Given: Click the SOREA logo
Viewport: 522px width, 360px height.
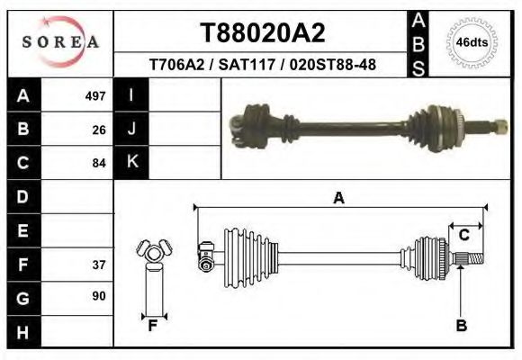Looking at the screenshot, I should (60, 42).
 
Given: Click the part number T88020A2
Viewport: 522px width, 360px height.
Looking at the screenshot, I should (261, 33).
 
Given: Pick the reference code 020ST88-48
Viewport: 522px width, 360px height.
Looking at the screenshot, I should (332, 65).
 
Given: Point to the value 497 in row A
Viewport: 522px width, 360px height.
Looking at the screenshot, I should (95, 95).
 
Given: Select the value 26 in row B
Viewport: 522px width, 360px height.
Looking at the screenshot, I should (99, 130).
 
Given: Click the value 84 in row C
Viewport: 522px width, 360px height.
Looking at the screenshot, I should (99, 164).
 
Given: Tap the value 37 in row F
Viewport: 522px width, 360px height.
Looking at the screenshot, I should (99, 265).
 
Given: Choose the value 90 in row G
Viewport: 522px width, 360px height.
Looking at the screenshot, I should (99, 296).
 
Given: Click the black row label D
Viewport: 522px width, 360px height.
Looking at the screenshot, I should (23, 197).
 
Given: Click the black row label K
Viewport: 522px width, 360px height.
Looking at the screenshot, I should (132, 163).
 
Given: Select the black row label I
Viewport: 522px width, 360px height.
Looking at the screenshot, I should (132, 95).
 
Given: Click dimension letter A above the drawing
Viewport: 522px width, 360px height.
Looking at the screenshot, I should (339, 198).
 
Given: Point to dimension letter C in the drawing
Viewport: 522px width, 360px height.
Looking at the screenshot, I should (464, 236).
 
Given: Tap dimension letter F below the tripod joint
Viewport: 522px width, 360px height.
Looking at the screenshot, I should (154, 326).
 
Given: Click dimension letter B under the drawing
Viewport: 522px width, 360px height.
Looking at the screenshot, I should (461, 326).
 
